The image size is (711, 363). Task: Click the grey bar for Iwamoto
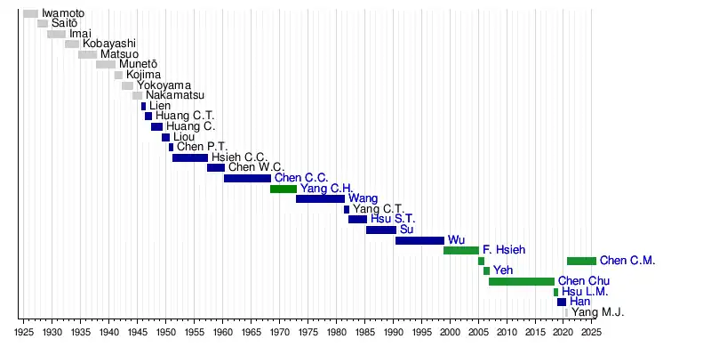click(x=30, y=13)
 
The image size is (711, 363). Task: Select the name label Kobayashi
click(x=109, y=44)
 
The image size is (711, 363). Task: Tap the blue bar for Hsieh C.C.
click(x=189, y=157)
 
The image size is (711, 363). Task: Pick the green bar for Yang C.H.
click(x=283, y=189)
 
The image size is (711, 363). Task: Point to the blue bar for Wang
click(x=320, y=198)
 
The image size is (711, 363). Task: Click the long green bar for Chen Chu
click(x=521, y=281)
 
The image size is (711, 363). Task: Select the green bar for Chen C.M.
click(x=581, y=261)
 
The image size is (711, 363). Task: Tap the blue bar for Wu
click(x=419, y=240)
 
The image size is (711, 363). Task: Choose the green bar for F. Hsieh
click(x=460, y=250)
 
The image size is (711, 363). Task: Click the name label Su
click(x=406, y=230)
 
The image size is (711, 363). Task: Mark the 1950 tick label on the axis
click(x=165, y=333)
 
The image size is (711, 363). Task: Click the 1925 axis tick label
click(x=24, y=333)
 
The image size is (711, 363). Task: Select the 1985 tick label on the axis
click(x=364, y=333)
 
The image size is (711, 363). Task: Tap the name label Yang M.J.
click(x=597, y=312)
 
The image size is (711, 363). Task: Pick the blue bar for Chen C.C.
click(x=247, y=178)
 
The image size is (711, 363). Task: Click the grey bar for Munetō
click(x=105, y=64)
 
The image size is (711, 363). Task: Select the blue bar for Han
click(x=562, y=302)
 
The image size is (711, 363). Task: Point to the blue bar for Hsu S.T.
click(x=357, y=219)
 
